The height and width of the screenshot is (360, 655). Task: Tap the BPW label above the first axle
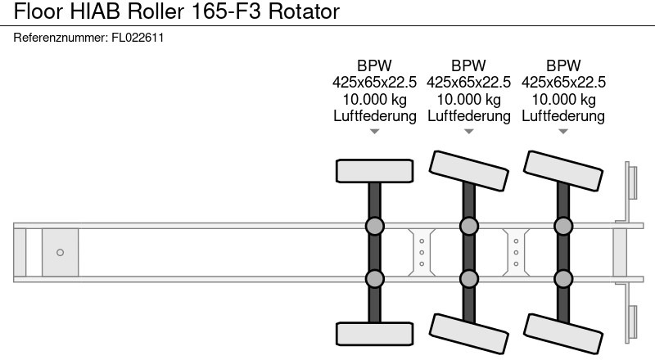374,65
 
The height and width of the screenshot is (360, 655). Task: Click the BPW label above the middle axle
468,65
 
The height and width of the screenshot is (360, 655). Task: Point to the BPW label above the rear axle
563,65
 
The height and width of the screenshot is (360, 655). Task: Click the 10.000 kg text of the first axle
374,99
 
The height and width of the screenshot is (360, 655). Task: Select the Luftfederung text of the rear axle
563,116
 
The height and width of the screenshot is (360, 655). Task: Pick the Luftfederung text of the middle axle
468,116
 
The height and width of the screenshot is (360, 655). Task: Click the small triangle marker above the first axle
374,132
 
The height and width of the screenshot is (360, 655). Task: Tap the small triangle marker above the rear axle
563,132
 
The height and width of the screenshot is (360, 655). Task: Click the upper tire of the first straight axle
374,170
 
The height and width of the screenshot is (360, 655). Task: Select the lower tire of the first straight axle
374,333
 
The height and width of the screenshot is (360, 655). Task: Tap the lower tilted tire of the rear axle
563,332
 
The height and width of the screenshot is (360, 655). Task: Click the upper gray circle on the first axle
374,226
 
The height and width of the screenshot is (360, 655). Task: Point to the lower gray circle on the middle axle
468,279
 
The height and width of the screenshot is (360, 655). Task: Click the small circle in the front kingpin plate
60,252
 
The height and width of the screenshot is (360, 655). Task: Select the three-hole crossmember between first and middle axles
421,252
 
